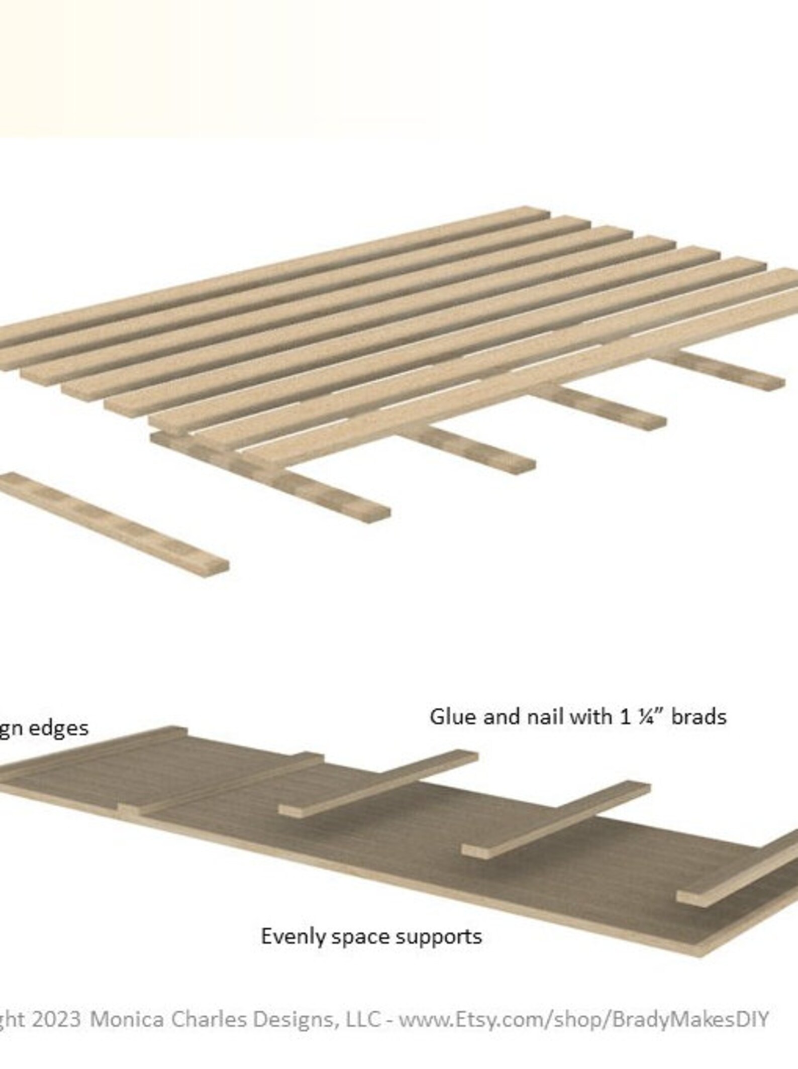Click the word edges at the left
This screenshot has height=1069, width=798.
click(x=58, y=728)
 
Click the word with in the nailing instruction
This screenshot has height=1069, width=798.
click(x=593, y=717)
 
